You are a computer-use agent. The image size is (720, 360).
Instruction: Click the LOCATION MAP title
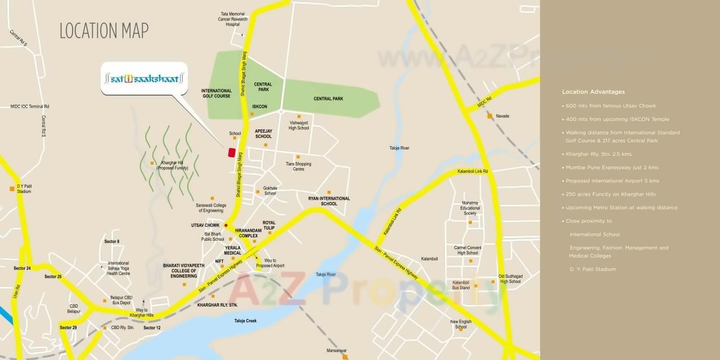coord(104,31)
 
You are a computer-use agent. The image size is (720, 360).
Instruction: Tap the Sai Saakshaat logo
coord(143,79)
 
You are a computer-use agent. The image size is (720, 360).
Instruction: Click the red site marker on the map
coord(231,152)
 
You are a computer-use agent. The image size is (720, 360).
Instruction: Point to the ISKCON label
coord(259,106)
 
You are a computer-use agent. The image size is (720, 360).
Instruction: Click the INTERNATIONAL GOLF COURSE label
coord(216,93)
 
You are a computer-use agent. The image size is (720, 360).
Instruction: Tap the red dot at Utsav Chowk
coord(226,226)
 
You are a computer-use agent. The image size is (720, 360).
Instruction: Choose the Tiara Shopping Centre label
coord(298,166)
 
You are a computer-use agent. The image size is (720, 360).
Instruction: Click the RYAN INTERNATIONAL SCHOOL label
coord(328,201)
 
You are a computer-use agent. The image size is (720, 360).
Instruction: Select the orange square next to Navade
coord(490,116)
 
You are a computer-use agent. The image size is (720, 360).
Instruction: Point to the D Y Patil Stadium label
coord(24,188)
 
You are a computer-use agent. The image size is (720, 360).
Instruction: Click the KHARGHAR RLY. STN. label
coord(217,305)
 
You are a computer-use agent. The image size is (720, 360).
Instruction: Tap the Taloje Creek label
coord(245,321)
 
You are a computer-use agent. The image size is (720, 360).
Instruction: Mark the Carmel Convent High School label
coord(467,250)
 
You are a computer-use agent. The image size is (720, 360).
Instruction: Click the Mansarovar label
coord(336,350)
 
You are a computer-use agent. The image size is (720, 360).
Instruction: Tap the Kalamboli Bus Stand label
coord(461,285)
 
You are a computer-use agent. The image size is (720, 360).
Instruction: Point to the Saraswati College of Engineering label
coord(211,208)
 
